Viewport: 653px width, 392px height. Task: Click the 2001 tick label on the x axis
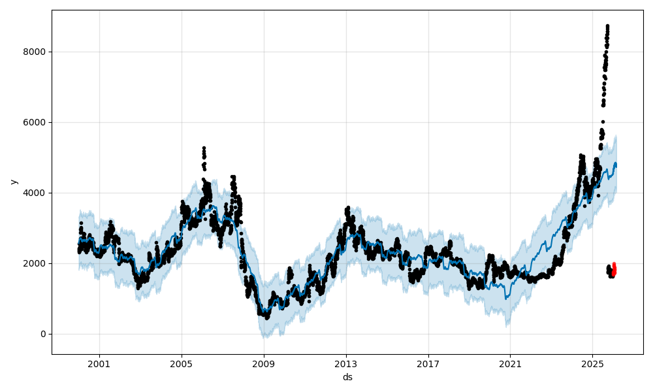click(x=99, y=363)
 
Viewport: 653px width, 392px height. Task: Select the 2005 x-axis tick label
click(x=182, y=363)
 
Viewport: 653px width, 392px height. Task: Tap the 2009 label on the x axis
click(x=264, y=363)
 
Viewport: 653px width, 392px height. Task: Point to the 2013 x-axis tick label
click(x=346, y=363)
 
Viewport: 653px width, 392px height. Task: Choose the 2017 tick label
click(x=428, y=363)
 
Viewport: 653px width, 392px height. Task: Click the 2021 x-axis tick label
click(x=510, y=363)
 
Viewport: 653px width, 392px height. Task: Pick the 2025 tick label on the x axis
click(x=592, y=363)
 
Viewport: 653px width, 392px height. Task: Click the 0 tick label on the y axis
click(x=43, y=334)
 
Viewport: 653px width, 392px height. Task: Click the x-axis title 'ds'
click(x=347, y=377)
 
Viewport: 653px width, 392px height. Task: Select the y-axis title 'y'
click(x=12, y=182)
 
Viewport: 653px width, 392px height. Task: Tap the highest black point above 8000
click(x=607, y=26)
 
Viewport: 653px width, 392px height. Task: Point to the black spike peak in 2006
click(x=204, y=148)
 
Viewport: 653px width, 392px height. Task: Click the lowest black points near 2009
click(x=266, y=317)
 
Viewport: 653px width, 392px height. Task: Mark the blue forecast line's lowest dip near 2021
click(x=506, y=299)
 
